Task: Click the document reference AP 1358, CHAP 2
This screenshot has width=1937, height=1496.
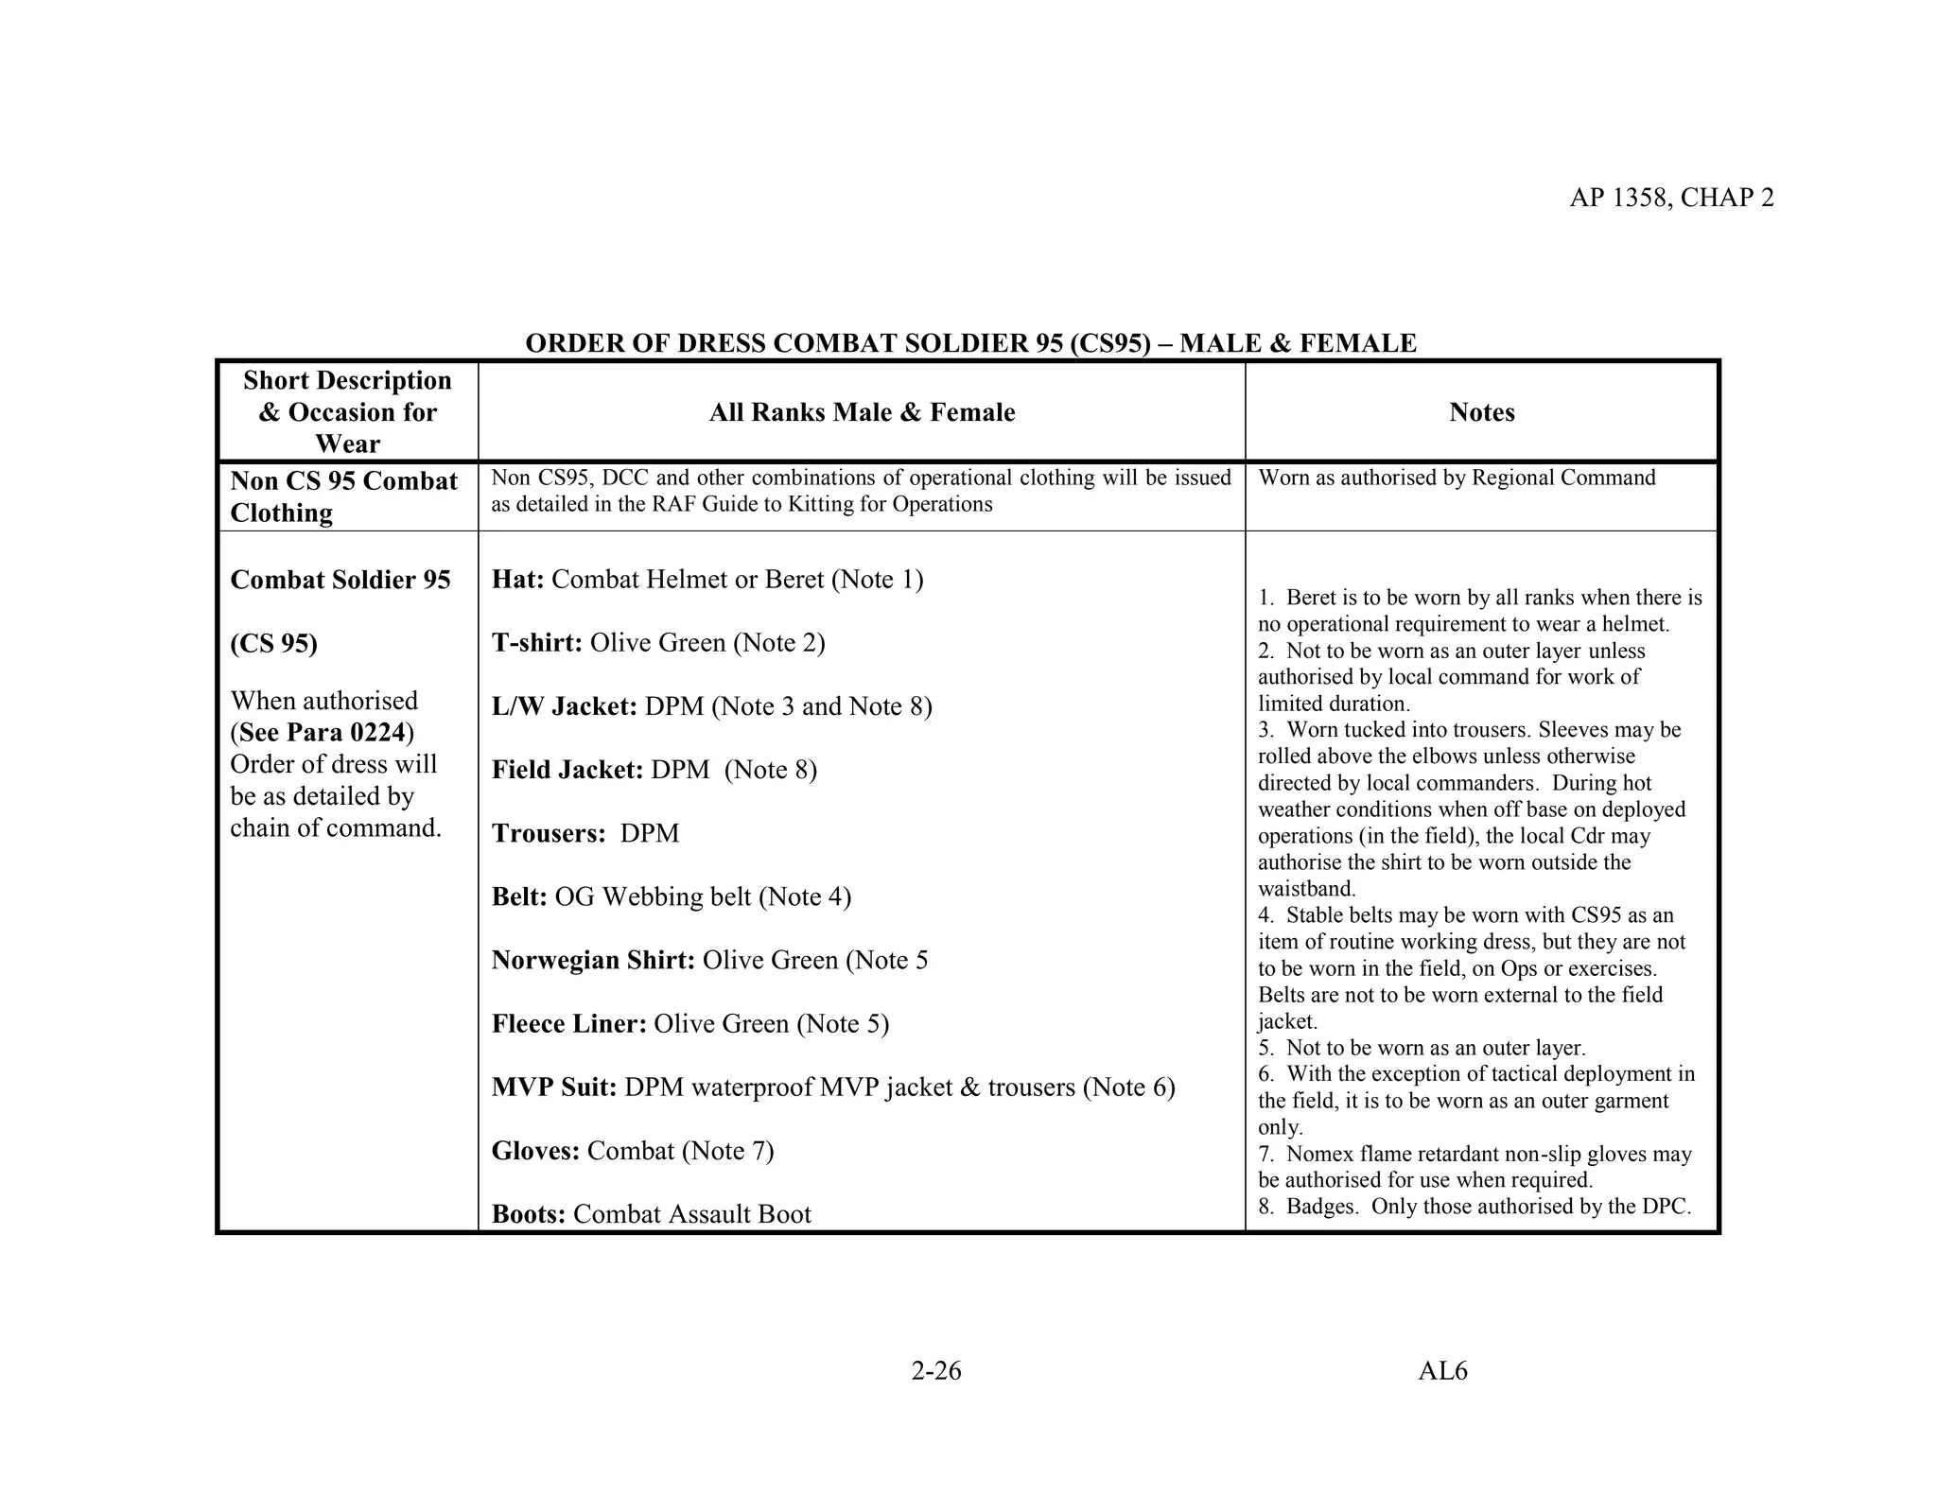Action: [1671, 198]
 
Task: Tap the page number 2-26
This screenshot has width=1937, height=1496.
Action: [935, 1370]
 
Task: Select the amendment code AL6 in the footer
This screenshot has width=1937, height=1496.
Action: [1442, 1370]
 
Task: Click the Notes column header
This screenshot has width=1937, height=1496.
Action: [1481, 412]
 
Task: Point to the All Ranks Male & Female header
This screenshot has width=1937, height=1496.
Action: [862, 412]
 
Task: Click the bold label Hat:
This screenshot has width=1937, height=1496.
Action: [517, 580]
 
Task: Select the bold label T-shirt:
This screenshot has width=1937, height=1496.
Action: [536, 643]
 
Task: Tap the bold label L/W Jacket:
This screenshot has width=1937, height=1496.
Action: [564, 706]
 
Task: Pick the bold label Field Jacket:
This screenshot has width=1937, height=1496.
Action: [567, 770]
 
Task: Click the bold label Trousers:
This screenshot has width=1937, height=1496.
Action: [549, 833]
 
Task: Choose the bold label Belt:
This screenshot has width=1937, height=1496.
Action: [519, 896]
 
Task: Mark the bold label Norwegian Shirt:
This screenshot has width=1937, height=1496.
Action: [593, 960]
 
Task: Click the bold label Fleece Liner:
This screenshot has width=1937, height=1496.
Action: [568, 1024]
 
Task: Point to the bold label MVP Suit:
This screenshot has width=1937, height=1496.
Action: [554, 1087]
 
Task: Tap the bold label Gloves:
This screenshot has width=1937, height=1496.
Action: [535, 1151]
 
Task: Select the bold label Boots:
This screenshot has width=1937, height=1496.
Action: [528, 1214]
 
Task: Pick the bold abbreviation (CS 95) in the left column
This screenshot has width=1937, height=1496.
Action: [273, 644]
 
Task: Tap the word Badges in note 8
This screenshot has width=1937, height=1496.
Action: [1321, 1207]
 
